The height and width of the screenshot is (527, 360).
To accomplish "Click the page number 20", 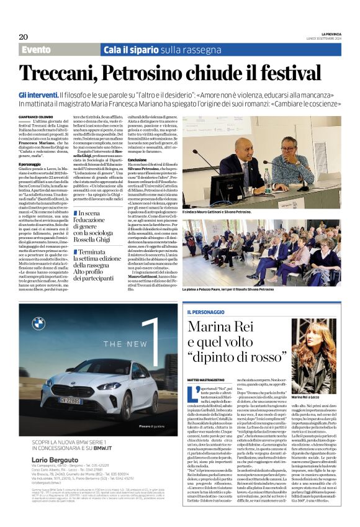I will click(23, 37).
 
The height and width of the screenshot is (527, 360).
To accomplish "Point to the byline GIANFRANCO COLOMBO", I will click(37, 117).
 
